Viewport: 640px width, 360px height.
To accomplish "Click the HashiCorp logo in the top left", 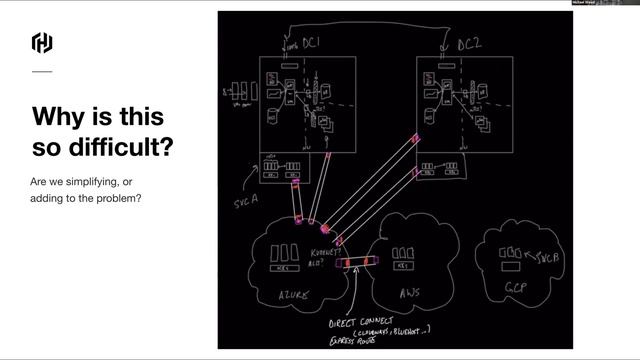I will point(42,43).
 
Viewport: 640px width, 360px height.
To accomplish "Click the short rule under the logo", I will point(42,72).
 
